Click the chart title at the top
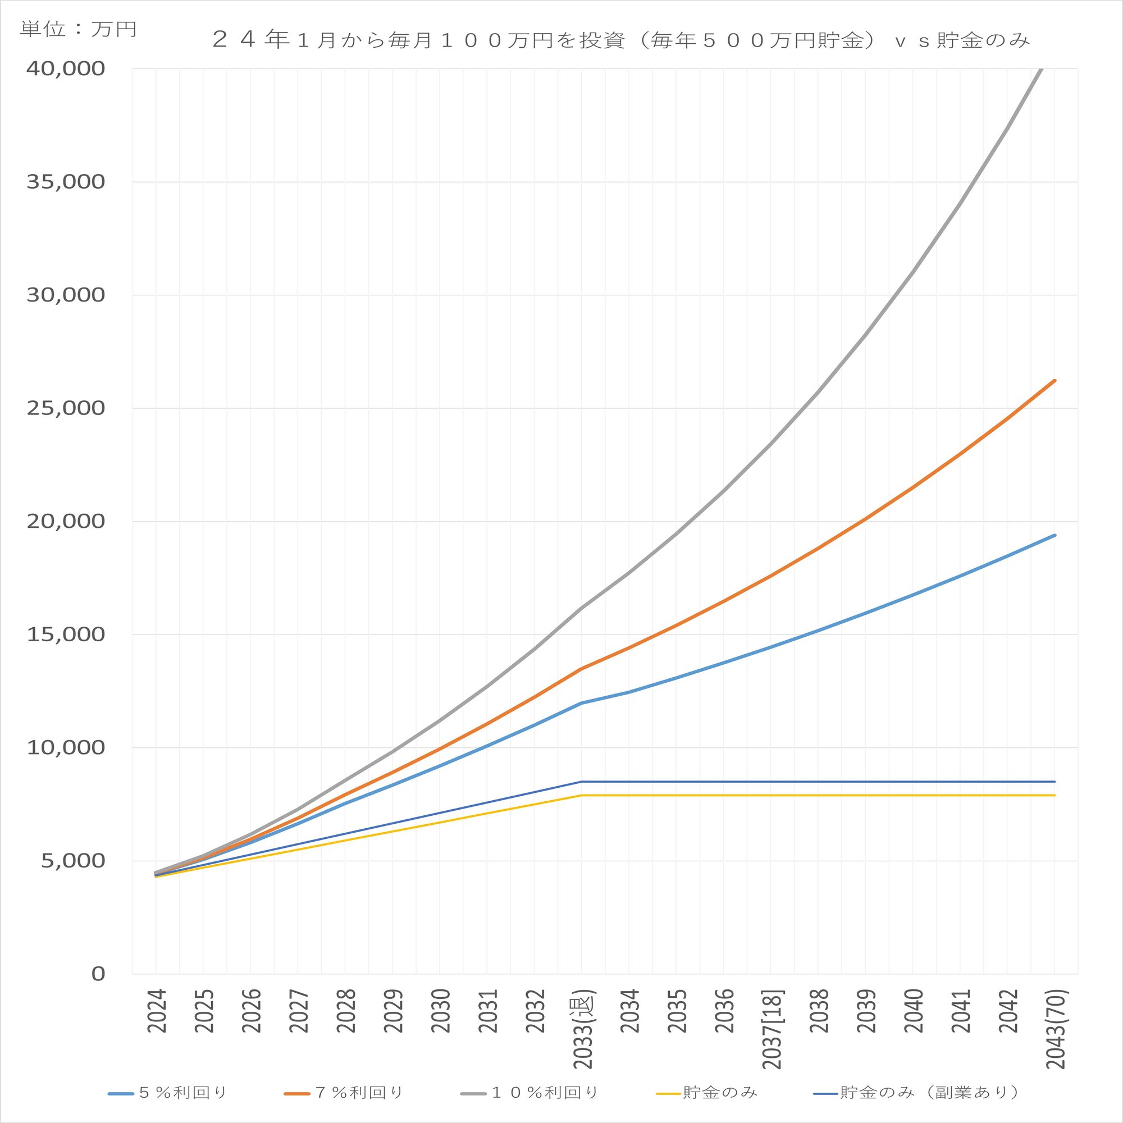[x=621, y=40]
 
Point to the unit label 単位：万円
[x=79, y=29]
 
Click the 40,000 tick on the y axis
[x=66, y=69]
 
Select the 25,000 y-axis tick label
[x=66, y=408]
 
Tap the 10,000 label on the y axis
[x=66, y=747]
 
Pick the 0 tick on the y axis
[x=98, y=974]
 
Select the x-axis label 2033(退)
[x=583, y=1029]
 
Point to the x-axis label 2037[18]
[x=773, y=1029]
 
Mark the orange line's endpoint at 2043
[x=1054, y=380]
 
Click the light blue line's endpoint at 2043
[x=1054, y=535]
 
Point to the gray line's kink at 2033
[x=582, y=608]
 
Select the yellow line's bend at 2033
[x=582, y=795]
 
